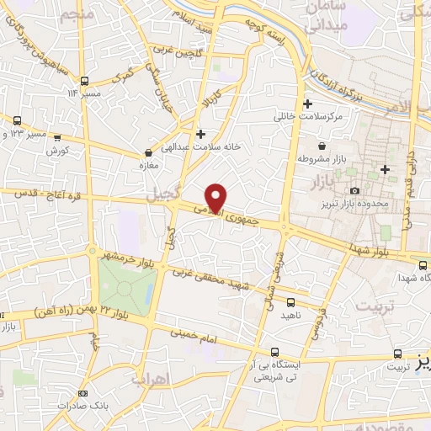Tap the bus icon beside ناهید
290,302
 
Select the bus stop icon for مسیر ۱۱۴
84,81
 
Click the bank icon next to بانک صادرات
82,393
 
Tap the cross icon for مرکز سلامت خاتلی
308,104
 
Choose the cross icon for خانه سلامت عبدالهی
200,134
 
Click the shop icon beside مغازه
149,153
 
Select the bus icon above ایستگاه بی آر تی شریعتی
274,353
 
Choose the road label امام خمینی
199,333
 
